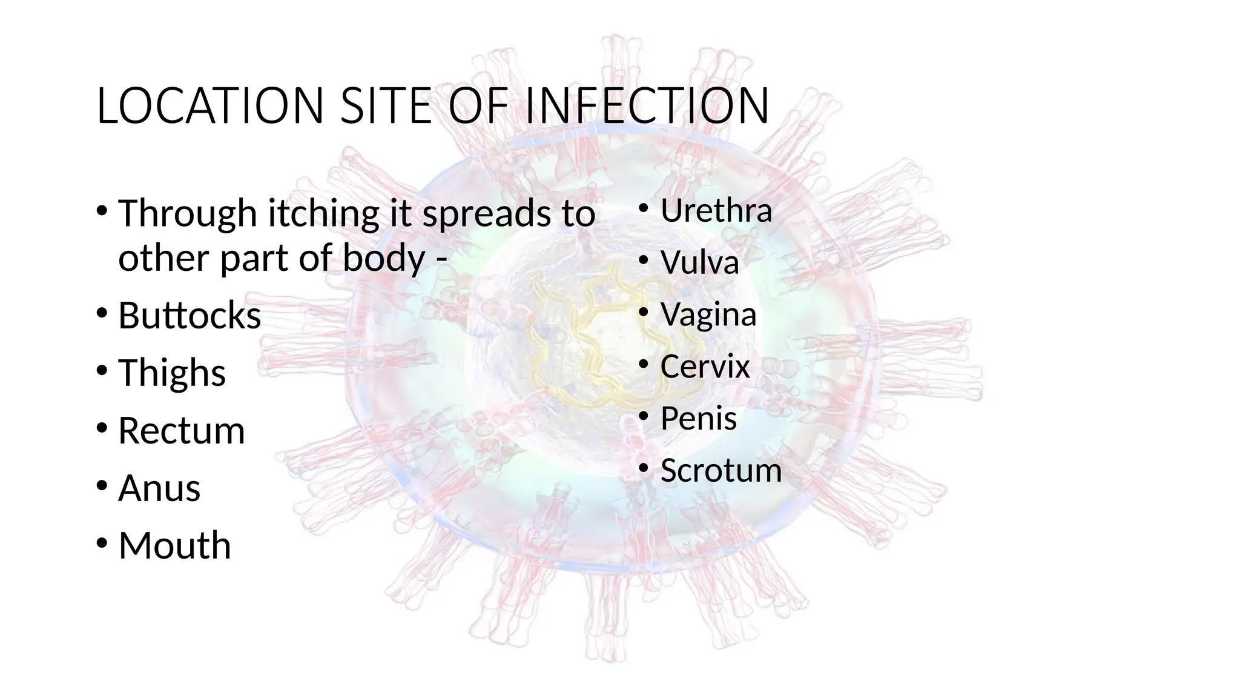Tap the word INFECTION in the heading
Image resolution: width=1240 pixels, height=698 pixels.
(x=647, y=106)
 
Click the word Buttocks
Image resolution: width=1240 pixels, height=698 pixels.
(x=190, y=316)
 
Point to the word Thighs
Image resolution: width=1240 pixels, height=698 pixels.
(x=172, y=373)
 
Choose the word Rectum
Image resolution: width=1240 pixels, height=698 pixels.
(x=182, y=431)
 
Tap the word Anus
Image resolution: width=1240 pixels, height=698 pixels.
(x=159, y=488)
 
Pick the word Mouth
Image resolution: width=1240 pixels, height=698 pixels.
(x=175, y=545)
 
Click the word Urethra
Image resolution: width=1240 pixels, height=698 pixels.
(x=716, y=211)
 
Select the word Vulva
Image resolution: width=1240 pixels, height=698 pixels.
(x=700, y=263)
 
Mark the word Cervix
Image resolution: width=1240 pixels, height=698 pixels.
(x=705, y=367)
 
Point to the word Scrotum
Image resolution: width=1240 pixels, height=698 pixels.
(x=721, y=471)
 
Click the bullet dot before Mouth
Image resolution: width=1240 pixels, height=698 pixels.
(x=102, y=542)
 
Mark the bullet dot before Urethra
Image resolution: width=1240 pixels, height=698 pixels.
(x=644, y=209)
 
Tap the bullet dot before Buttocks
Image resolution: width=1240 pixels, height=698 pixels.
(x=102, y=313)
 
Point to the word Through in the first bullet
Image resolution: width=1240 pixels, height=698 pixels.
(x=188, y=214)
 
